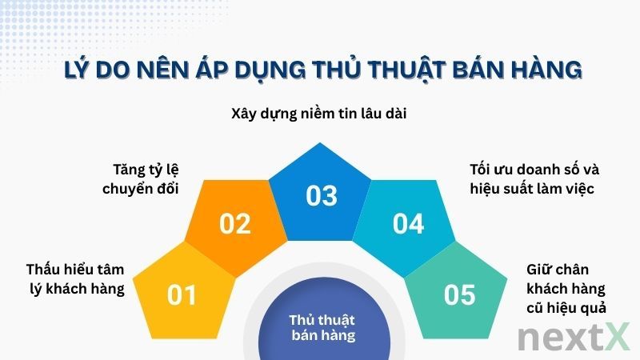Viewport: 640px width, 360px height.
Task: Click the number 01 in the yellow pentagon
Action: coord(182,295)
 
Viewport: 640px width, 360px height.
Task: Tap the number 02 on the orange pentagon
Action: coord(235,224)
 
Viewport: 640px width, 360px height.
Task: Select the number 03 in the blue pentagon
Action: coord(321,195)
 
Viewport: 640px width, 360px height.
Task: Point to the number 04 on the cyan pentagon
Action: coord(408,224)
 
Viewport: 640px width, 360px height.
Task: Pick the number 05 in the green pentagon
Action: coord(460,295)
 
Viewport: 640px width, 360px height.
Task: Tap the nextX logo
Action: coord(573,337)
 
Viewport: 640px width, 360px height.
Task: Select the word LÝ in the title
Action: coord(78,71)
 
